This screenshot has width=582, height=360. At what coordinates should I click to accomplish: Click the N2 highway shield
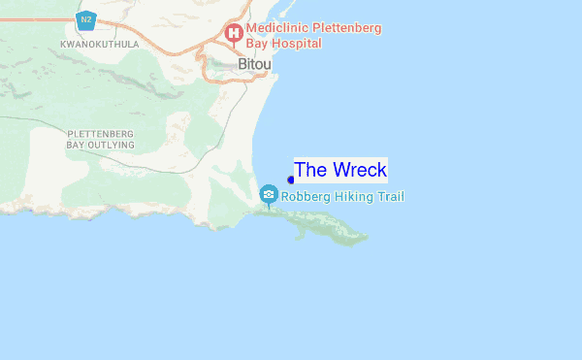point(86,19)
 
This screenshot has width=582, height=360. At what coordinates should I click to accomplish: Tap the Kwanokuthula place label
point(99,44)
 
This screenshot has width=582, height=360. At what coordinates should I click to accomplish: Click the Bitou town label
point(255,64)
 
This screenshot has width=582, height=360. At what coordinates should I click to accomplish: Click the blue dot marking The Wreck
point(291,180)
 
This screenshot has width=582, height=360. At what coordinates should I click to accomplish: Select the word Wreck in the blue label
point(359,170)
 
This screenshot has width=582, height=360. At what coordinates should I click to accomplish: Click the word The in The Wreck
point(310,170)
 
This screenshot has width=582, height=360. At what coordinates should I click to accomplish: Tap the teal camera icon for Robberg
point(269,195)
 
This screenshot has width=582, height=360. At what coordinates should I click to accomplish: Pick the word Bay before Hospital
point(259,45)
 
